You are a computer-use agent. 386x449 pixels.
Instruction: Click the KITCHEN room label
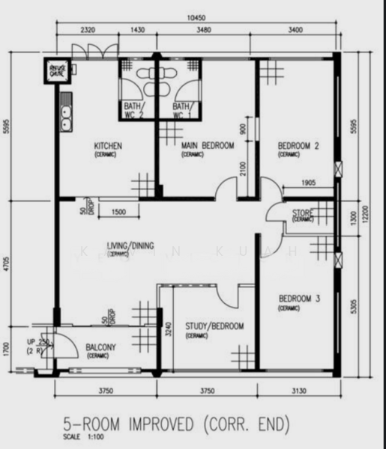[x=107, y=146]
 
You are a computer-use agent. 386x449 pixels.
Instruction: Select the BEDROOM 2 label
[x=298, y=146]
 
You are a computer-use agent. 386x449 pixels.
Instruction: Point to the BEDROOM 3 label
[x=298, y=299]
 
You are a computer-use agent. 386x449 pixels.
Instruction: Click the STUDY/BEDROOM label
[x=214, y=327]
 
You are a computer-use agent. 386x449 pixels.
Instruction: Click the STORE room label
[x=303, y=214]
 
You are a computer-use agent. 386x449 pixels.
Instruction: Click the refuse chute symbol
[x=55, y=70]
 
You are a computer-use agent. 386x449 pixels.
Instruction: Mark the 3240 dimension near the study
[x=169, y=327]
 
